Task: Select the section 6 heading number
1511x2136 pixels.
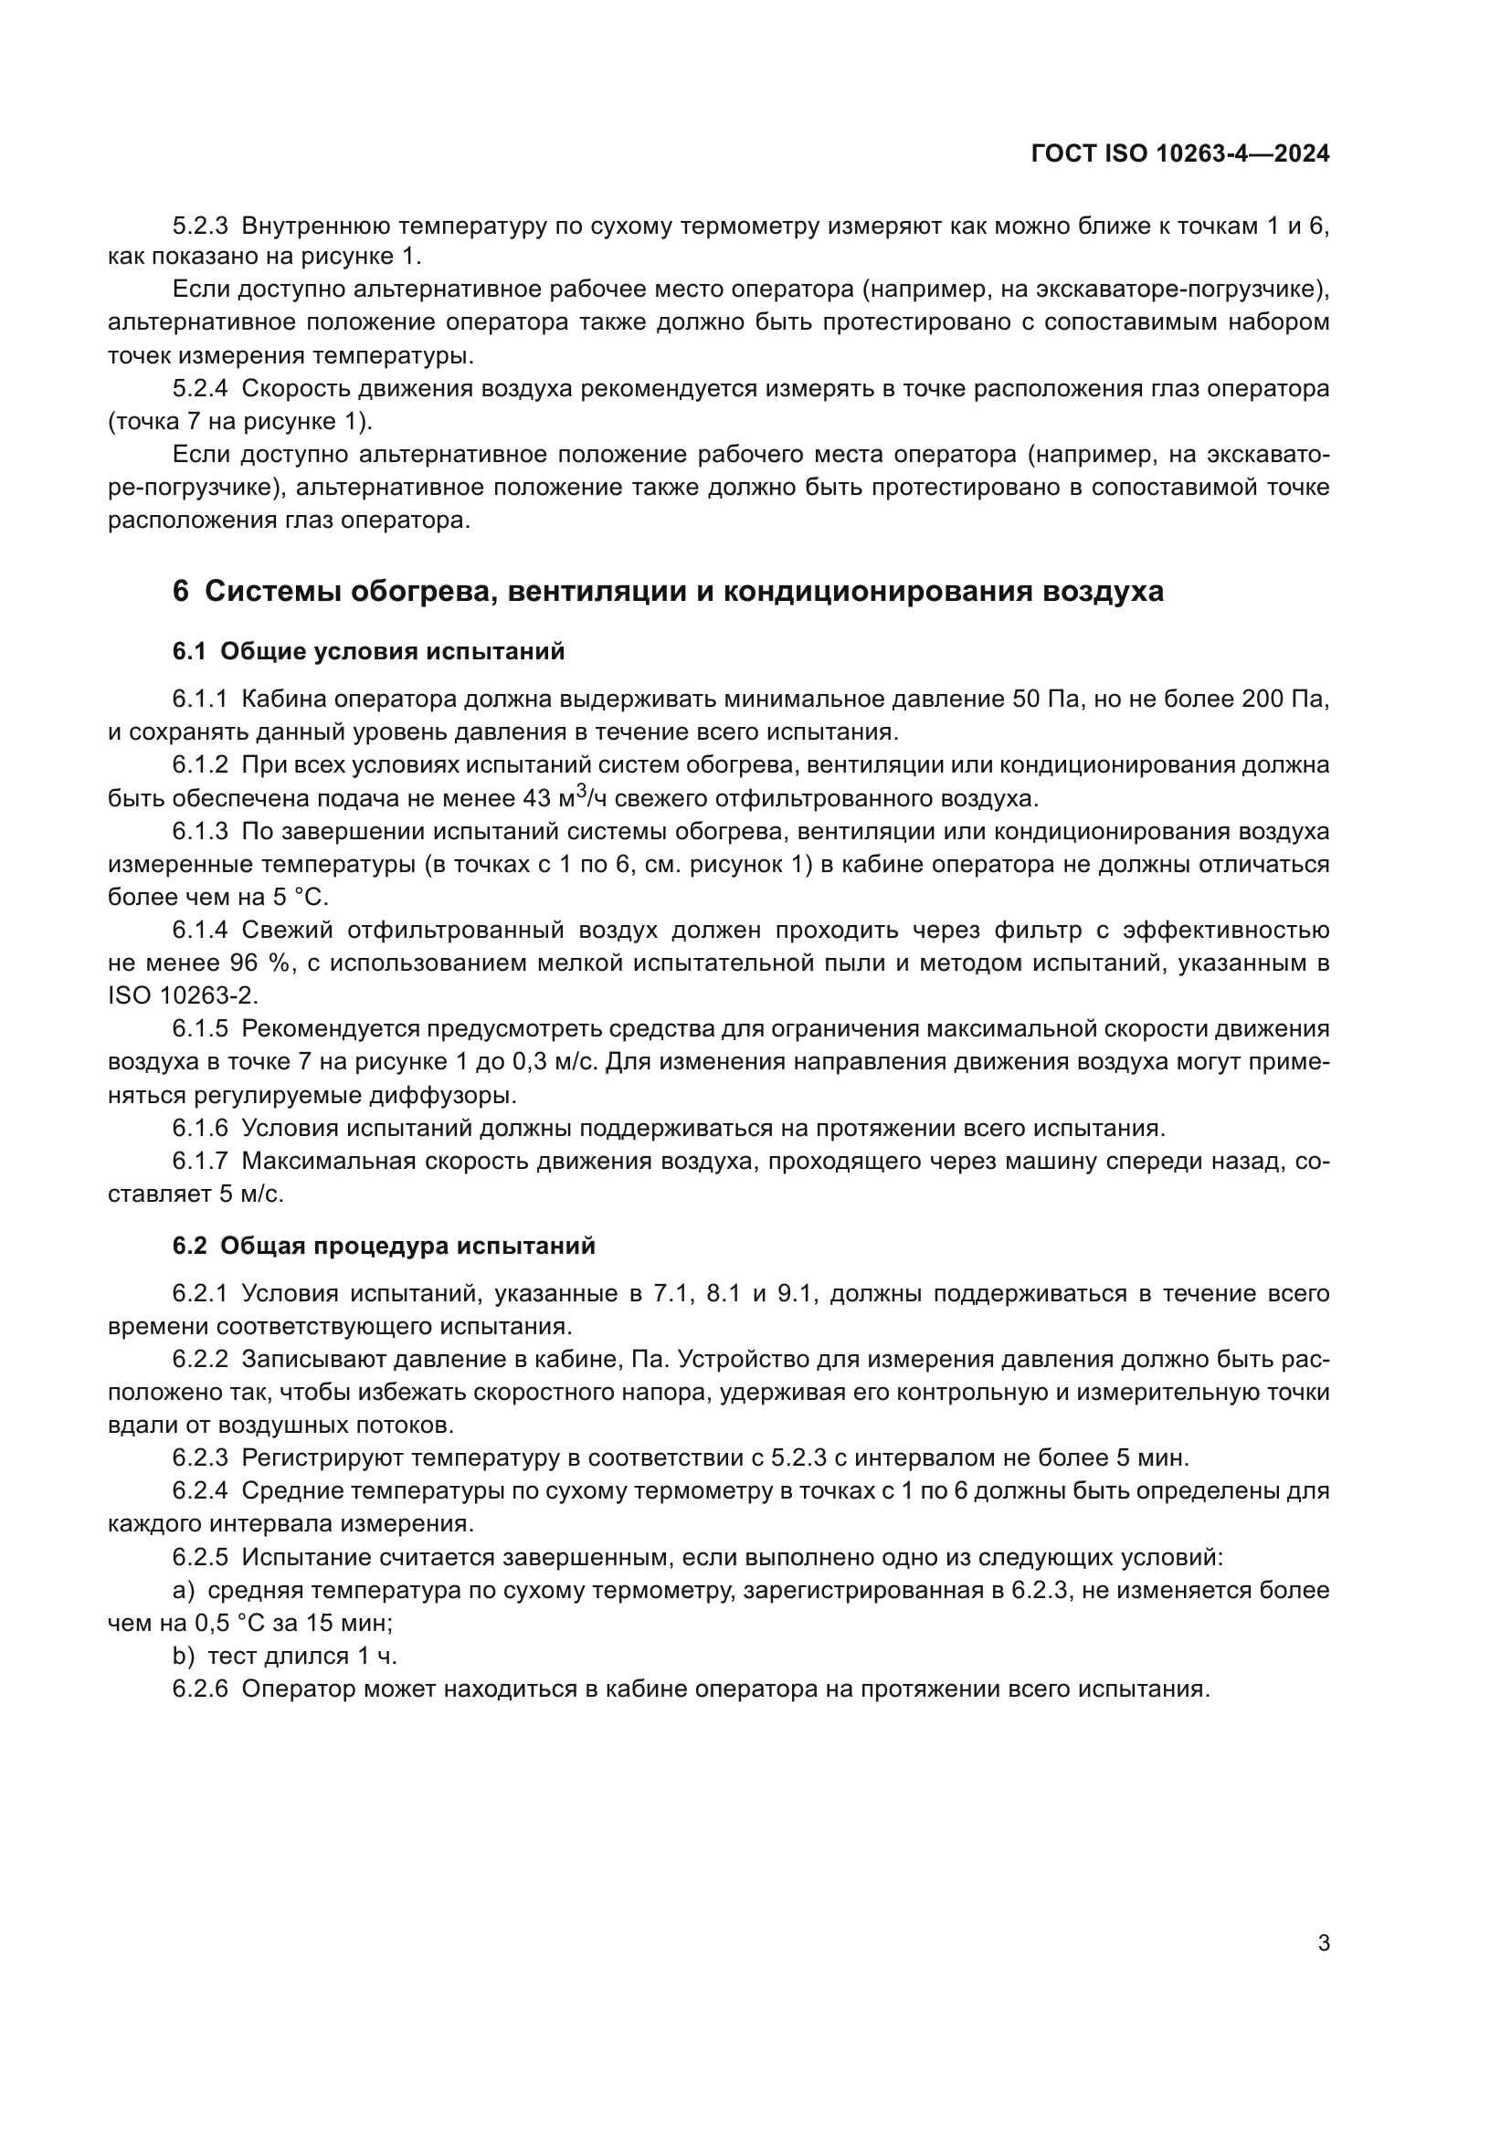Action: click(181, 592)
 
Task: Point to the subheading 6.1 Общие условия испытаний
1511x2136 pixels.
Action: click(368, 651)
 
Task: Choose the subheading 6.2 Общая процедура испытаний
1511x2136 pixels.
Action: click(384, 1246)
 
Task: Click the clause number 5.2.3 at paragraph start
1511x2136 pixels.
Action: click(200, 226)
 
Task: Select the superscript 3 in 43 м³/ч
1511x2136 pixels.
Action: click(581, 791)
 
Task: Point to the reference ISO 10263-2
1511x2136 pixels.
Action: click(184, 995)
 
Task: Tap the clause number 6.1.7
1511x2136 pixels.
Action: click(200, 1161)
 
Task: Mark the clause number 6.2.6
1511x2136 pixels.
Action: click(200, 1689)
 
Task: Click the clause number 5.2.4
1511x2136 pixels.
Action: click(200, 389)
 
